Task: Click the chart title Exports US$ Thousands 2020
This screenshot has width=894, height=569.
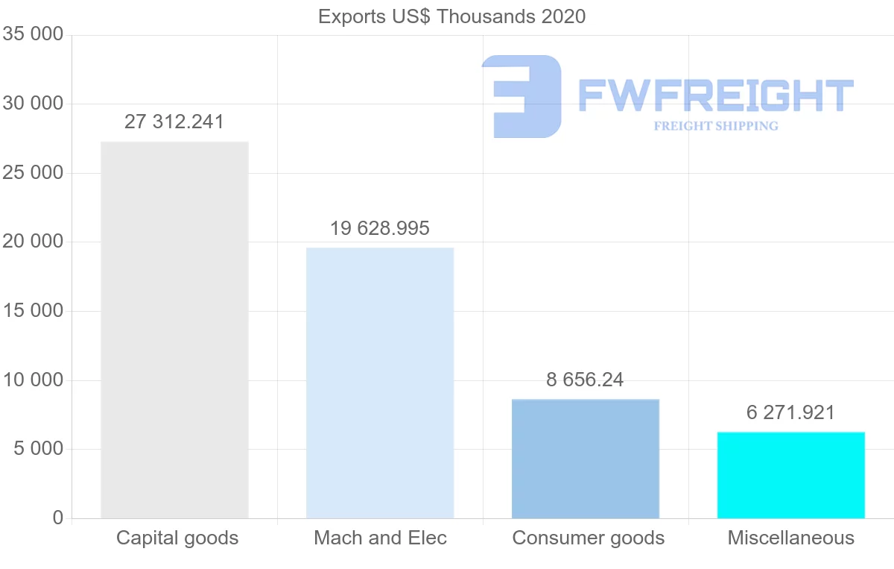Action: pos(451,16)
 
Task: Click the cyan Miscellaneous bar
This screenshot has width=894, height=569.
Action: pos(790,475)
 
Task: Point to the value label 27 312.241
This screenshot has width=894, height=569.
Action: pos(174,122)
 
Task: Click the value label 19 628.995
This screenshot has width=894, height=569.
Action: pos(380,228)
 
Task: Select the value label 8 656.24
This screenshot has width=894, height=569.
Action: pos(585,380)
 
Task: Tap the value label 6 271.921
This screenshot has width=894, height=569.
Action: pos(790,412)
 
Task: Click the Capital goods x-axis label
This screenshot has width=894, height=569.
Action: pos(177,538)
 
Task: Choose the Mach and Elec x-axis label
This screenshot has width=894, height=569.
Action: pos(380,538)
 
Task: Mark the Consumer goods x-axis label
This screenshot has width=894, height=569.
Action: pos(588,538)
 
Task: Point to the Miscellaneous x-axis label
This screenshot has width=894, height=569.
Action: pos(790,538)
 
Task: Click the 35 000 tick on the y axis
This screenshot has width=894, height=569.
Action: pos(33,35)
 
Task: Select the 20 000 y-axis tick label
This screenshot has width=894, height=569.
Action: pos(33,242)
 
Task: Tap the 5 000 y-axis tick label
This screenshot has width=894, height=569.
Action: pos(37,449)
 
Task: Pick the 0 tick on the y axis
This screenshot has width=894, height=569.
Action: pos(58,518)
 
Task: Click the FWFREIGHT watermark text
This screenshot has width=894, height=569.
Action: pos(715,95)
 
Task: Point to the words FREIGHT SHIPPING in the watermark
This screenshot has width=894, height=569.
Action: pos(715,126)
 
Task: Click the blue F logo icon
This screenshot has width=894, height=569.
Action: pos(521,96)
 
